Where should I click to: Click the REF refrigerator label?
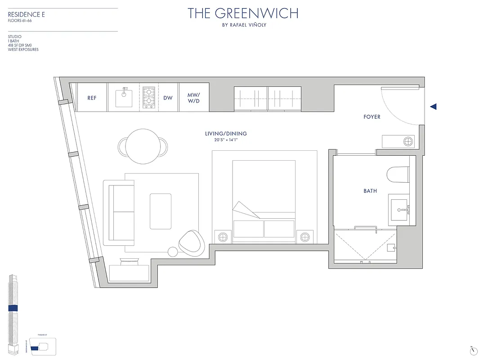[92, 98]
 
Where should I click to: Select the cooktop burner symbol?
[149, 98]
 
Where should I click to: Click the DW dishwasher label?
[168, 98]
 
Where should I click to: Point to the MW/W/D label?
[193, 98]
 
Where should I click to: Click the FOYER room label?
[372, 117]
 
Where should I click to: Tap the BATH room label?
[370, 191]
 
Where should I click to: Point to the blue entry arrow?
[433, 107]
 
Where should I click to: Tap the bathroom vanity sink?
[399, 210]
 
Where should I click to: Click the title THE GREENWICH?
[243, 13]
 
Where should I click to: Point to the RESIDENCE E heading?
[27, 15]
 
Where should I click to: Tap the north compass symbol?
[473, 350]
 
